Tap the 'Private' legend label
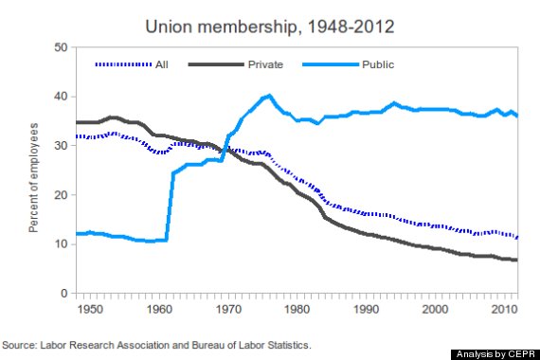[x=264, y=64]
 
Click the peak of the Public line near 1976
[x=269, y=96]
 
